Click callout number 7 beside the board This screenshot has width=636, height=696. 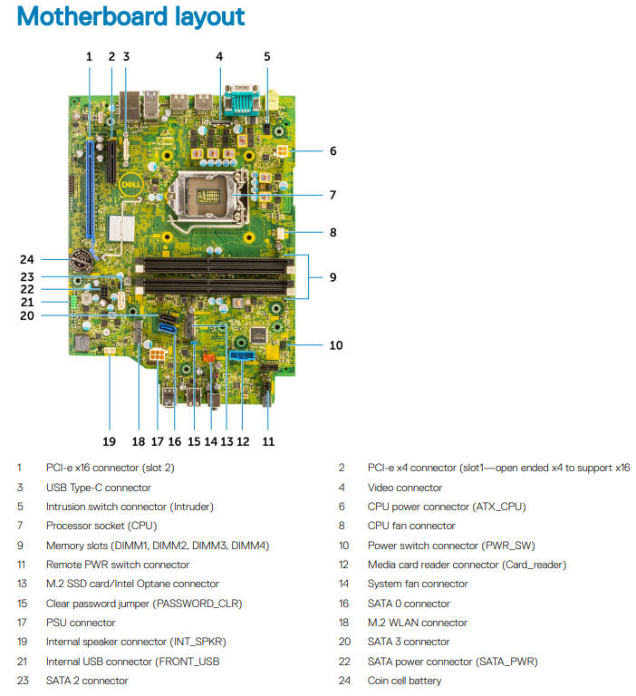(x=332, y=195)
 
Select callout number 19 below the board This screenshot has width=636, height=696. (x=110, y=441)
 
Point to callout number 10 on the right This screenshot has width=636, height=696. (x=336, y=344)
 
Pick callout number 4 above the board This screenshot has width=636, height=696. (x=219, y=56)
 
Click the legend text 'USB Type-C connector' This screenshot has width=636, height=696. (x=99, y=488)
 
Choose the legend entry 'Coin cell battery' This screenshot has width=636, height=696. (x=405, y=680)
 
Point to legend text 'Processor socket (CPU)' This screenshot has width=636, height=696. (x=101, y=526)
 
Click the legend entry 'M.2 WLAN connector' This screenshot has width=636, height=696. (x=418, y=623)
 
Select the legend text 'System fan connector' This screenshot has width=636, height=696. (x=418, y=584)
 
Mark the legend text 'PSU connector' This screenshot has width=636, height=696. (x=81, y=623)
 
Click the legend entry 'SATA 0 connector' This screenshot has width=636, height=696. (x=409, y=604)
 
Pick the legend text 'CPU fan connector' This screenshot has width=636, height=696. (x=411, y=526)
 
